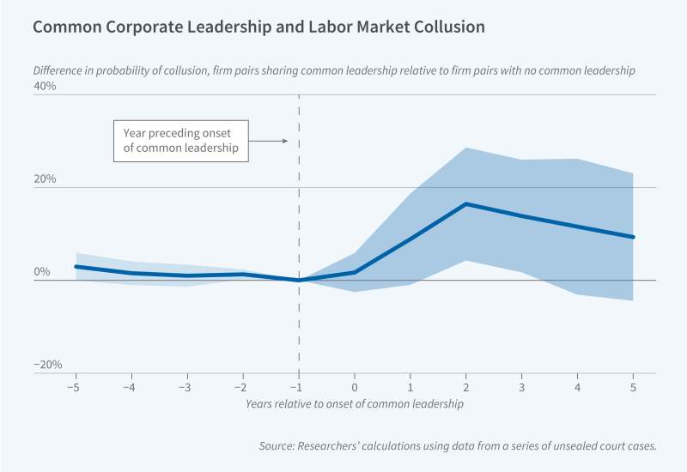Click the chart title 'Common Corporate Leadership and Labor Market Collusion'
[258, 27]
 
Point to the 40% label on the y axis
[45, 87]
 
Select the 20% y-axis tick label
[45, 179]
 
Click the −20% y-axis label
[48, 365]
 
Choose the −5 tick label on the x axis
[75, 387]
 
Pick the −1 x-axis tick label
[298, 387]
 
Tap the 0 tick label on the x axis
[355, 387]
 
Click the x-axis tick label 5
[634, 387]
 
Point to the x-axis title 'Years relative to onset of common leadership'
[355, 402]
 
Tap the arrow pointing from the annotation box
[274, 140]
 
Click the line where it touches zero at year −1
[299, 280]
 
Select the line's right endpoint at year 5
[634, 237]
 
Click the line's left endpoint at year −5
[76, 266]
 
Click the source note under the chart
[458, 446]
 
